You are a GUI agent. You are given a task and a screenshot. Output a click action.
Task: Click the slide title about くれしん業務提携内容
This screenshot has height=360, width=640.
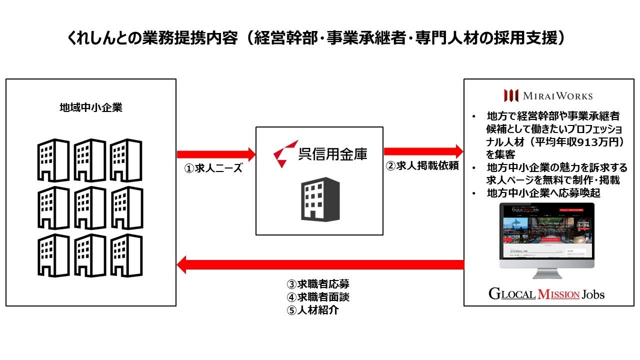point(319,38)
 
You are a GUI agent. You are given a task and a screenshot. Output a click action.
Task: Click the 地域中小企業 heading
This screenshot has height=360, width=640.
point(90,107)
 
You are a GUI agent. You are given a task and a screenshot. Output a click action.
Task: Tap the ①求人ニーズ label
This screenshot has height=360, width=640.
point(213,168)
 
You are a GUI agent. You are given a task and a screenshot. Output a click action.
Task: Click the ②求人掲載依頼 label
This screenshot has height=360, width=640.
point(422,166)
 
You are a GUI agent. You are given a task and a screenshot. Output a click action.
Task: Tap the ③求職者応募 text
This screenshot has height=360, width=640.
point(317,284)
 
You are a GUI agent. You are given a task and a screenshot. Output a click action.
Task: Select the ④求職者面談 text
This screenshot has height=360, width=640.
point(317,297)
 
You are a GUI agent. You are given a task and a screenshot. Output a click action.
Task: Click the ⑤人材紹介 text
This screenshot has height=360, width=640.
point(312,310)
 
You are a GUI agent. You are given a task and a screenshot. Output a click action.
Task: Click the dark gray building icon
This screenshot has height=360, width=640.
point(320,199)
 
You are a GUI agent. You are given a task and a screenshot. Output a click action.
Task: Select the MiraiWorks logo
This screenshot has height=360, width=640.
point(548,95)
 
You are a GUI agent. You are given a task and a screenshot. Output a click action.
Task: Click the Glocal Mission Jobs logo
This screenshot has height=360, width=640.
point(546,294)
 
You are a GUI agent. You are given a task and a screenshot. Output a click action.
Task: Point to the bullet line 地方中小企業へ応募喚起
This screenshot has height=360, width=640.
point(543,193)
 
